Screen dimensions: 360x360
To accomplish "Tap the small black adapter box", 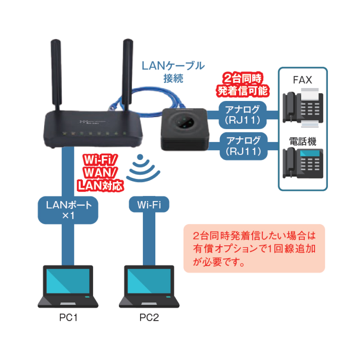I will coord(184,128).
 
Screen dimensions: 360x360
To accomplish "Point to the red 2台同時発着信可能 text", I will coord(243,85).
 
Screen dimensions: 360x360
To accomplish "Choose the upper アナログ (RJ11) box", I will coord(243,114).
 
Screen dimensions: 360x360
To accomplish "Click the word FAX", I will coord(302,80).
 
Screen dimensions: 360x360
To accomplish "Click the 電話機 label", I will coord(302,142).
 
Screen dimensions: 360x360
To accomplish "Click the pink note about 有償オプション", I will coord(254,248).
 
